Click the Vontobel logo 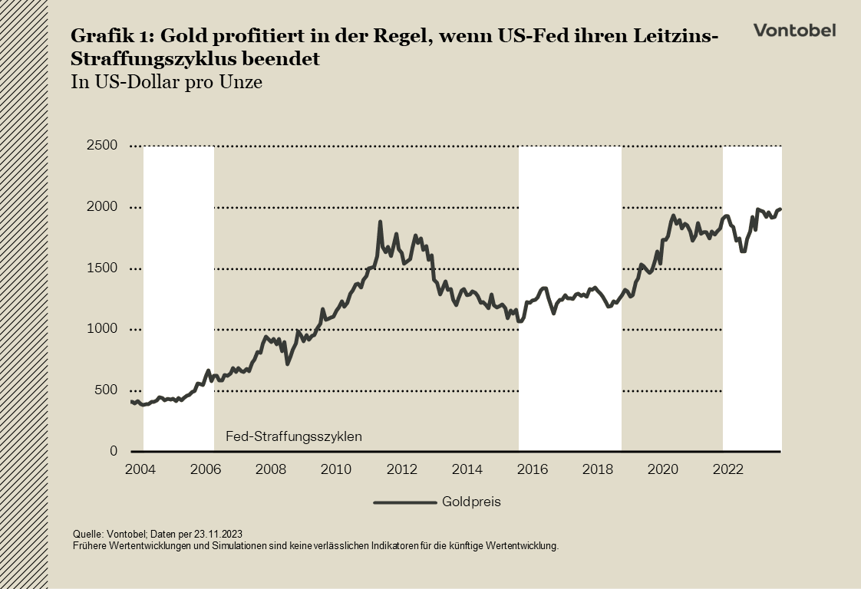(x=794, y=30)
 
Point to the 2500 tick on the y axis (x=101, y=146)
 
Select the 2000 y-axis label (x=101, y=207)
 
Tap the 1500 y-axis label (x=101, y=268)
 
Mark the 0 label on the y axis (x=113, y=452)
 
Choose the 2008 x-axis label (x=270, y=469)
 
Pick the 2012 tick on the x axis (x=401, y=469)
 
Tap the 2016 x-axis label (x=533, y=469)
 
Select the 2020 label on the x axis (x=664, y=469)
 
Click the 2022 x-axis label (x=729, y=469)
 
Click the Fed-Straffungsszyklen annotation (x=293, y=436)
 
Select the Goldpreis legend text (x=471, y=502)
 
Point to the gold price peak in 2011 (x=380, y=222)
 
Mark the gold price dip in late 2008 (x=288, y=363)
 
